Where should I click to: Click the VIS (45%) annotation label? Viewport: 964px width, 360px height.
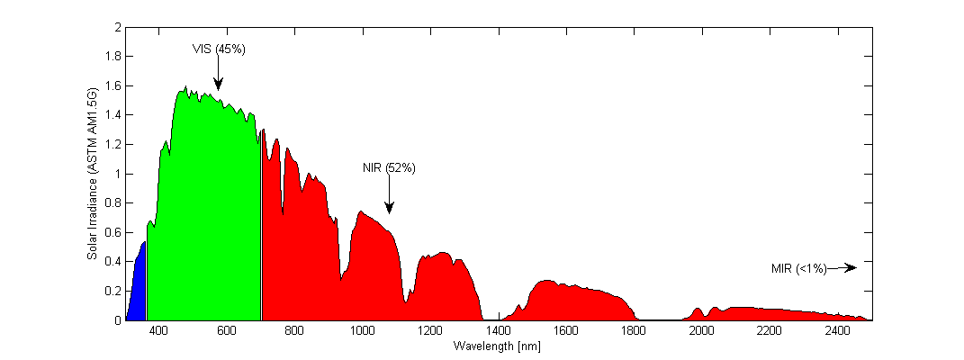pyautogui.click(x=219, y=49)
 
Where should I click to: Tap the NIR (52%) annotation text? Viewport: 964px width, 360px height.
pyautogui.click(x=388, y=168)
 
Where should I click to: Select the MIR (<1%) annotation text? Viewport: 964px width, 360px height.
pyautogui.click(x=798, y=268)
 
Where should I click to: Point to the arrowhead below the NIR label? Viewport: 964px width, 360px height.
pyautogui.click(x=389, y=209)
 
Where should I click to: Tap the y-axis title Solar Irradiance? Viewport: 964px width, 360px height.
pyautogui.click(x=93, y=173)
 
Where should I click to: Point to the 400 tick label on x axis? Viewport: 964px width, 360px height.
pyautogui.click(x=158, y=331)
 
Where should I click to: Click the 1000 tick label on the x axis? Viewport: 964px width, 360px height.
pyautogui.click(x=362, y=331)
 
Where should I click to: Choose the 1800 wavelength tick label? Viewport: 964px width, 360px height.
pyautogui.click(x=633, y=331)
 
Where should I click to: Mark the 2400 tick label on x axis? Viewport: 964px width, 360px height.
pyautogui.click(x=836, y=331)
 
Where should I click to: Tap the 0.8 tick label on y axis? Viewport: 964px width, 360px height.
pyautogui.click(x=113, y=203)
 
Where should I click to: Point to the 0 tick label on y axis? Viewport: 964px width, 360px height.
pyautogui.click(x=117, y=320)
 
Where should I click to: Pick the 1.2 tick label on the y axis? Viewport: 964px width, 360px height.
pyautogui.click(x=113, y=145)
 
